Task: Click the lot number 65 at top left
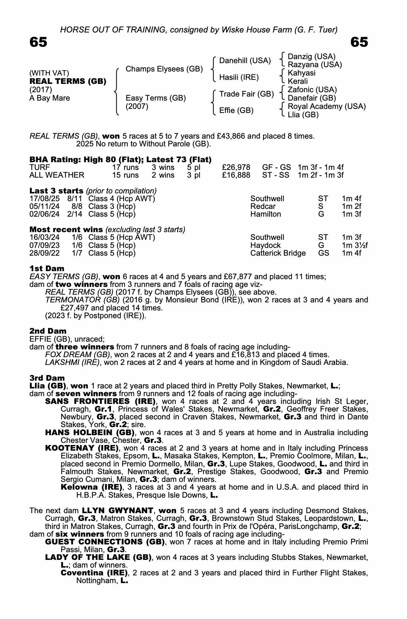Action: [38, 42]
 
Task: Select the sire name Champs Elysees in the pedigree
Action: [164, 69]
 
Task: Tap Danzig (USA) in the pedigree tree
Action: [311, 57]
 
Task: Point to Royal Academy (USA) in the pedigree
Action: [327, 106]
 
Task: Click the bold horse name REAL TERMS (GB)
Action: [68, 81]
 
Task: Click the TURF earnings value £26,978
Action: [236, 167]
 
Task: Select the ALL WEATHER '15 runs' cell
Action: [125, 175]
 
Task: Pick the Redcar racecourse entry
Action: [263, 206]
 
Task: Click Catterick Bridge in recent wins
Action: [278, 253]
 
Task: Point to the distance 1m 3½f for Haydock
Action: [354, 245]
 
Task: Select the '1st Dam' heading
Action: [47, 268]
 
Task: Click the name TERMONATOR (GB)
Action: [82, 300]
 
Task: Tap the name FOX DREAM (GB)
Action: [77, 355]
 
